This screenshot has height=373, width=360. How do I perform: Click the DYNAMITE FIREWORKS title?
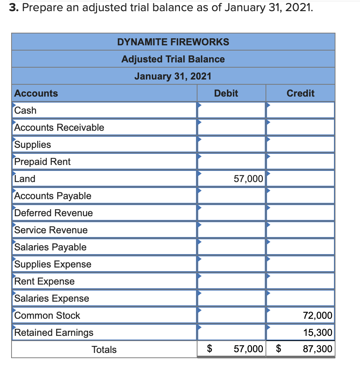click(x=173, y=42)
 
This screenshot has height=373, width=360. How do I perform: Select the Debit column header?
click(x=226, y=93)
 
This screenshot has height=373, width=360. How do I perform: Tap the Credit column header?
click(x=300, y=93)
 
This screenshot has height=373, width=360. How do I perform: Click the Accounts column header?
click(x=36, y=93)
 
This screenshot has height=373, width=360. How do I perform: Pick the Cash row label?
click(x=25, y=110)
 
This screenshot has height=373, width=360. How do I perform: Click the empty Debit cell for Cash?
click(x=231, y=110)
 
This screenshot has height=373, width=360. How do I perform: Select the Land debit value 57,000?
click(x=248, y=179)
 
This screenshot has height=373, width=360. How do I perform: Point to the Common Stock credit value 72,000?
click(x=317, y=315)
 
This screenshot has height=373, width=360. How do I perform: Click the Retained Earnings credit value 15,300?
click(x=317, y=333)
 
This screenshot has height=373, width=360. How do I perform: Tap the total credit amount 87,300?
click(x=317, y=350)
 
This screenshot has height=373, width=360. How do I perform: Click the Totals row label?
click(x=104, y=350)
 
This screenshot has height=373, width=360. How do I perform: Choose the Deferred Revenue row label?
click(x=53, y=213)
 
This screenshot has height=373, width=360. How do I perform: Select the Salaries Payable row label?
click(x=50, y=247)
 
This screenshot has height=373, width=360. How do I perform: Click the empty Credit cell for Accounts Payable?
click(x=300, y=196)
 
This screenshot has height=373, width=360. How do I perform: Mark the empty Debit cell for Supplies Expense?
click(x=231, y=264)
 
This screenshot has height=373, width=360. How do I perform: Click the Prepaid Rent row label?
click(x=42, y=162)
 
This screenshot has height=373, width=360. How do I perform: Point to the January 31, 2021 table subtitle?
click(x=173, y=76)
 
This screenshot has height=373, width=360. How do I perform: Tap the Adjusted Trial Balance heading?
click(x=173, y=59)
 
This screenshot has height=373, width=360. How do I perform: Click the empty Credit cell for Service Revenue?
click(x=300, y=230)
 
